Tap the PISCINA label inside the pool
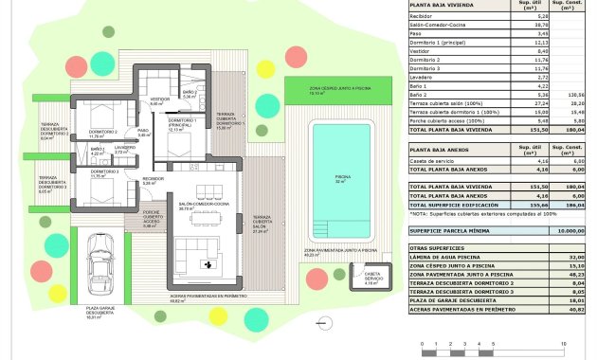(x=342, y=177)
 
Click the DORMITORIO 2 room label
(x=102, y=133)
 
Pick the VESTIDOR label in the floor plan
(x=158, y=99)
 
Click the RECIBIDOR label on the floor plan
(x=154, y=179)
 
